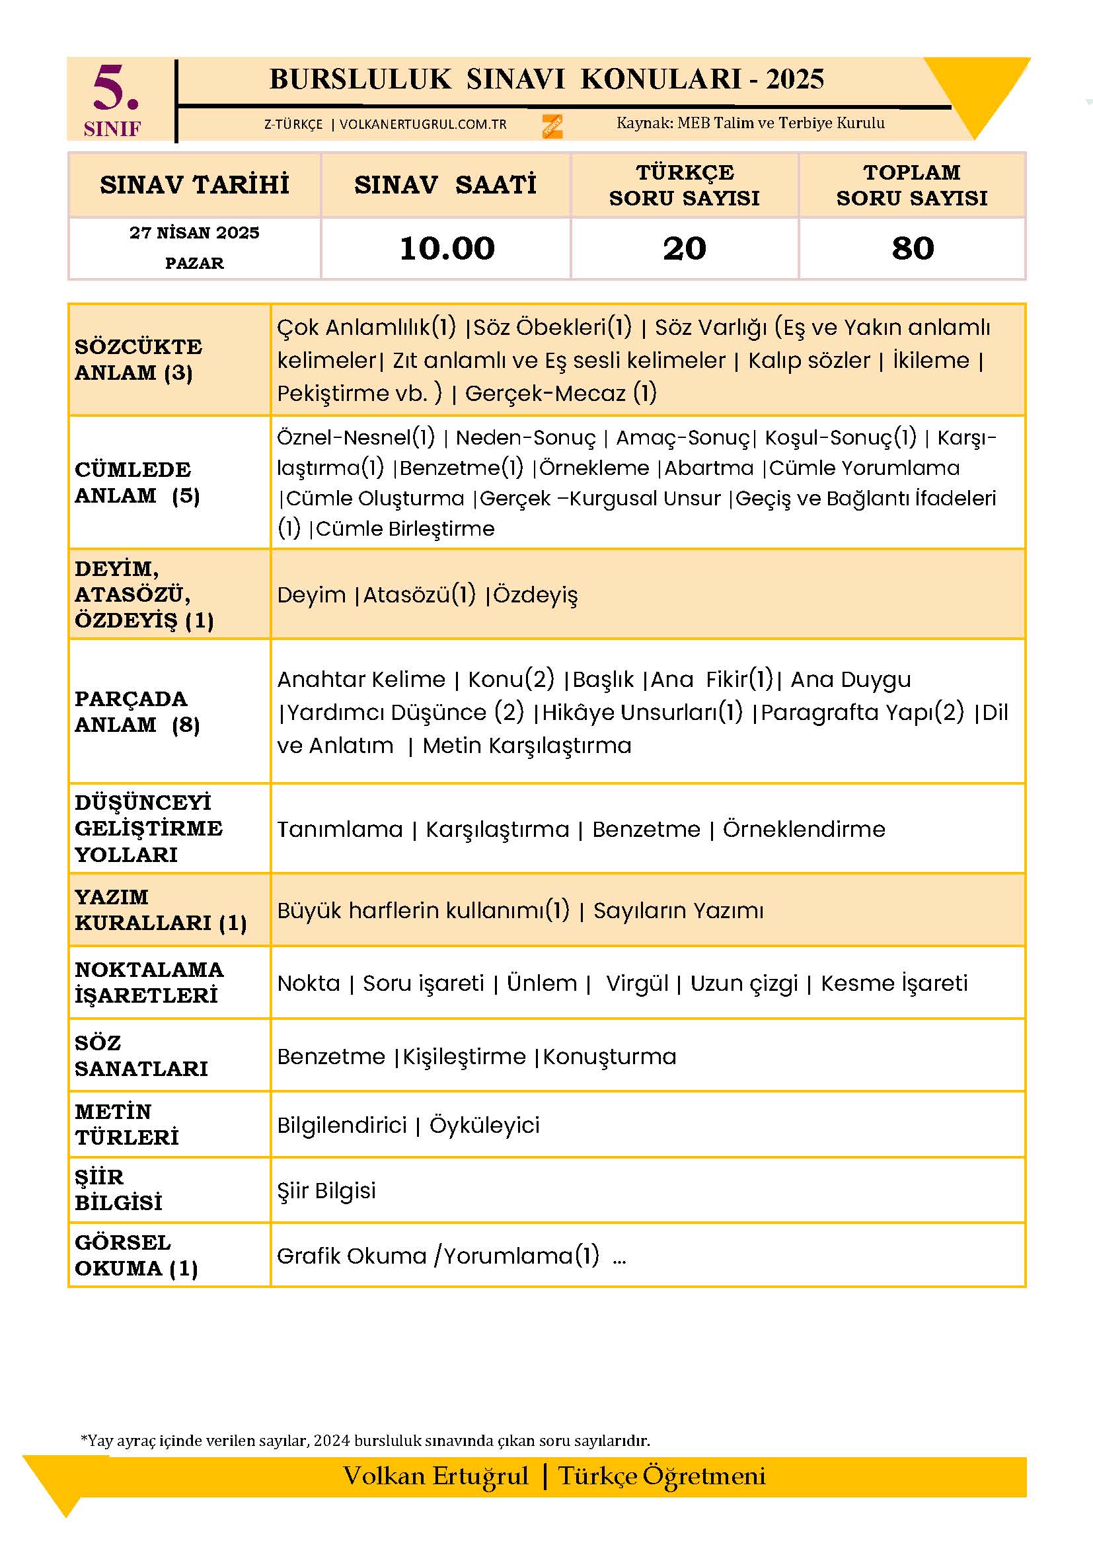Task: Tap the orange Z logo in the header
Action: pyautogui.click(x=552, y=126)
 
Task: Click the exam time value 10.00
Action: pyautogui.click(x=447, y=248)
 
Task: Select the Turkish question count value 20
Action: pyautogui.click(x=685, y=248)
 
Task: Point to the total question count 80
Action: pyautogui.click(x=913, y=248)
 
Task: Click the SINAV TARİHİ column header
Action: pyautogui.click(x=194, y=184)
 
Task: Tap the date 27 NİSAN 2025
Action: pyautogui.click(x=194, y=233)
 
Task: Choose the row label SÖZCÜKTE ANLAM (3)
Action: pyautogui.click(x=139, y=359)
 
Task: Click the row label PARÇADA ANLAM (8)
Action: pyautogui.click(x=137, y=711)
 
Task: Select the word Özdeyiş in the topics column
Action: pyautogui.click(x=536, y=595)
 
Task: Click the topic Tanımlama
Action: pyautogui.click(x=340, y=829)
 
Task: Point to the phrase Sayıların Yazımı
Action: pyautogui.click(x=679, y=910)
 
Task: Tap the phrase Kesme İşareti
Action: pyautogui.click(x=894, y=983)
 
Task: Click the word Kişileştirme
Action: pyautogui.click(x=465, y=1056)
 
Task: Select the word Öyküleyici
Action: pyautogui.click(x=484, y=1125)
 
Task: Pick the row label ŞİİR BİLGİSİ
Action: pyautogui.click(x=118, y=1190)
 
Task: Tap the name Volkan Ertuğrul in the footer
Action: pyautogui.click(x=436, y=1476)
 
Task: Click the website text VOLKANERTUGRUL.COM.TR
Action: pyautogui.click(x=423, y=124)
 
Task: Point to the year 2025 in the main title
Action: pyautogui.click(x=795, y=79)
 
